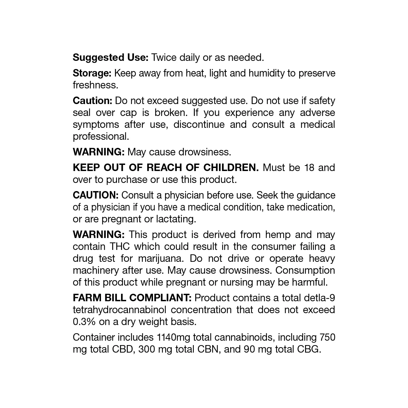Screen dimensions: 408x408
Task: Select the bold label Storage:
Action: point(92,73)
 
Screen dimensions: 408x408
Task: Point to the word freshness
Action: point(95,85)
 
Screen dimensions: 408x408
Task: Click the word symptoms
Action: point(96,125)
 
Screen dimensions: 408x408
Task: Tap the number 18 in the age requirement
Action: point(309,168)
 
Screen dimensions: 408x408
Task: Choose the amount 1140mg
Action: point(173,337)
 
